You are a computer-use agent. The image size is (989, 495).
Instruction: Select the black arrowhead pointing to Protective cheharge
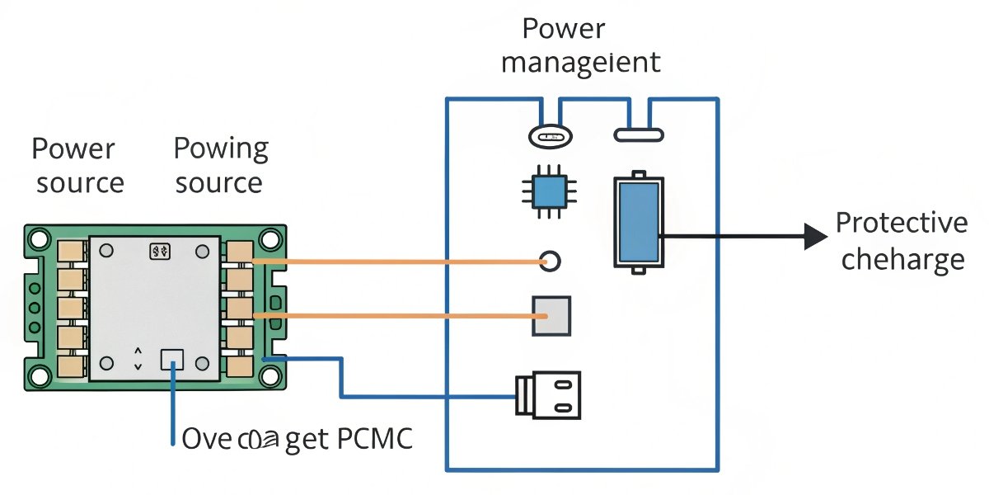pos(814,238)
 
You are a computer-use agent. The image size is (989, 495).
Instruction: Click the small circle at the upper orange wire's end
pos(550,262)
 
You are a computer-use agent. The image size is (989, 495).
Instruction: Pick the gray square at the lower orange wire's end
pos(551,316)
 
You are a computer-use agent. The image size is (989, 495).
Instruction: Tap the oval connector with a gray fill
pos(550,135)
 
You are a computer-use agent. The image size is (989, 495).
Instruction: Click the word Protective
pos(901,224)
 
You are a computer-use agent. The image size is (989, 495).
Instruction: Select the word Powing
pos(221,149)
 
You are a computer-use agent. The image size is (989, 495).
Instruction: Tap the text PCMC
pos(375,439)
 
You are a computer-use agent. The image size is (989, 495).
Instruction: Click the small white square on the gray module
pos(172,358)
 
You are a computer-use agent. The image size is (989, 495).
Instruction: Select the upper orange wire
pos(396,262)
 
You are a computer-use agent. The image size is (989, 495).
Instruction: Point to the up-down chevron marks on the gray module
pos(138,358)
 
